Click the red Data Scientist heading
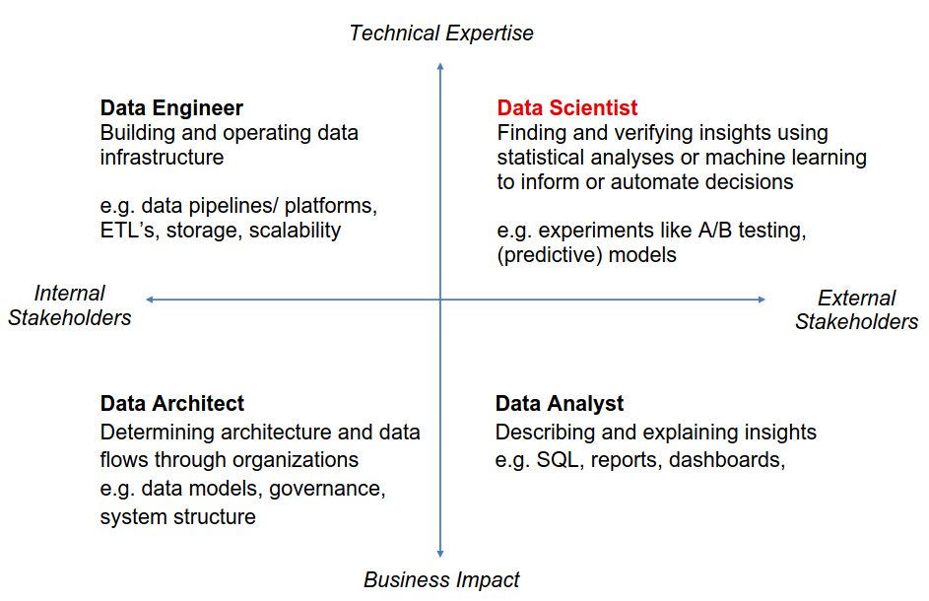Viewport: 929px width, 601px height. pos(567,107)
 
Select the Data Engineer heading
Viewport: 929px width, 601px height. pos(171,107)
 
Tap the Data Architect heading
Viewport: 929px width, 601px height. pos(171,404)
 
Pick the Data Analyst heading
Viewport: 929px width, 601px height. pos(560,404)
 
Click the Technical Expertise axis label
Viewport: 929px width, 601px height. pos(441,33)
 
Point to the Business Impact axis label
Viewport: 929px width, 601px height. pos(441,579)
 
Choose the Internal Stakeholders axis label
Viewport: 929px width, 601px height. pos(69,305)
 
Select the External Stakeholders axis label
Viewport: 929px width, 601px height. pos(857,309)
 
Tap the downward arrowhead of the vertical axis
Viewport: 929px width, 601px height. pos(440,554)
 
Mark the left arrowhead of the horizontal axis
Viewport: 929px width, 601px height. pos(150,300)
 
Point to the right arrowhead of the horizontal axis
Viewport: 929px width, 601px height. pos(762,300)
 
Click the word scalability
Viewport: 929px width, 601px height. pos(295,231)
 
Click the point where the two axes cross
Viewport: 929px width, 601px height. pos(440,300)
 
